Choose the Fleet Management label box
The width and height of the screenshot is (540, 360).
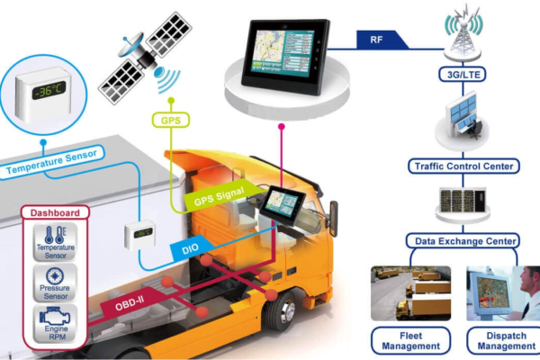[x=410, y=340]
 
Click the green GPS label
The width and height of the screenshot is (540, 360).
[x=170, y=120]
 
